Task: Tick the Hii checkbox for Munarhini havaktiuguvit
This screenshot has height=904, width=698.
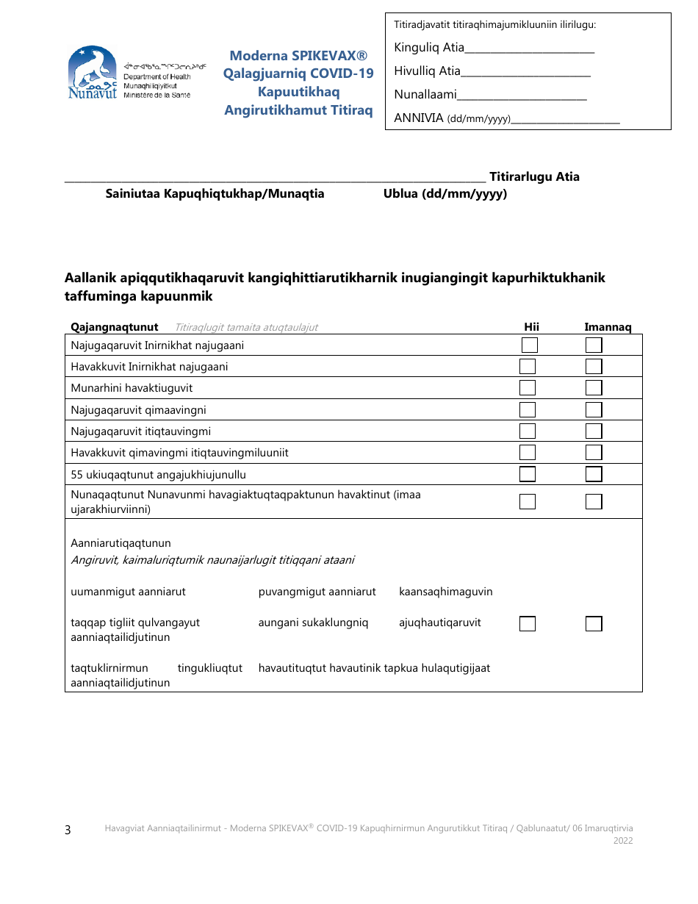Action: pos(528,388)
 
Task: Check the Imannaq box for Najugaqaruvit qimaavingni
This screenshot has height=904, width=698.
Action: pos(594,409)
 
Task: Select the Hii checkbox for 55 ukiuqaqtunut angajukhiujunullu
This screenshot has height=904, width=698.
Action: pos(528,474)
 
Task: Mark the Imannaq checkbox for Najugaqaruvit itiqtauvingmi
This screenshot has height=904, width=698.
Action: pos(594,431)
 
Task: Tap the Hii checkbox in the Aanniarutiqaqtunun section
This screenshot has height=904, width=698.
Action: pos(528,624)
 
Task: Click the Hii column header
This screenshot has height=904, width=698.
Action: pos(531,327)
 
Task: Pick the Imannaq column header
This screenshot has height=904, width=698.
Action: pos(608,327)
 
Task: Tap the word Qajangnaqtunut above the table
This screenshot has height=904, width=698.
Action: pos(114,327)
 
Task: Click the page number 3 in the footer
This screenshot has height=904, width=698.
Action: pos(68,831)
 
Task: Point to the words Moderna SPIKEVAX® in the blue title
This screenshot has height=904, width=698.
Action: pos(298,56)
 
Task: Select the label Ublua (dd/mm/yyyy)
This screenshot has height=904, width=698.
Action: pos(445,194)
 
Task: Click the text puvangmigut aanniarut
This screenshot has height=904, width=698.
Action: pos(317,592)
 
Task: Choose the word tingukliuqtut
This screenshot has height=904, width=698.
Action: pos(209,668)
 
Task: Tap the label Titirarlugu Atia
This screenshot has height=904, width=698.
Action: pos(534,176)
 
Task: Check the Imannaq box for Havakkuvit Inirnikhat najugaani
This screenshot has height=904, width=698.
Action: pos(594,367)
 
